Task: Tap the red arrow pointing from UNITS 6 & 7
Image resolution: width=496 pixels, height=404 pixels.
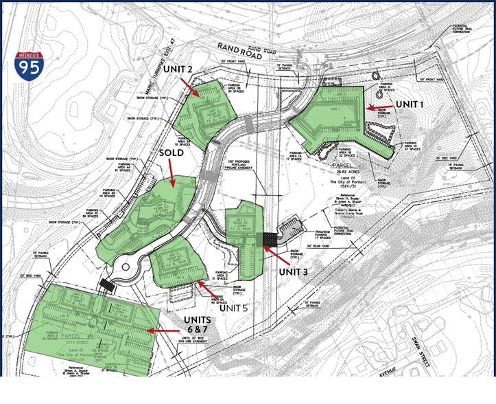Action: tap(163, 332)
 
